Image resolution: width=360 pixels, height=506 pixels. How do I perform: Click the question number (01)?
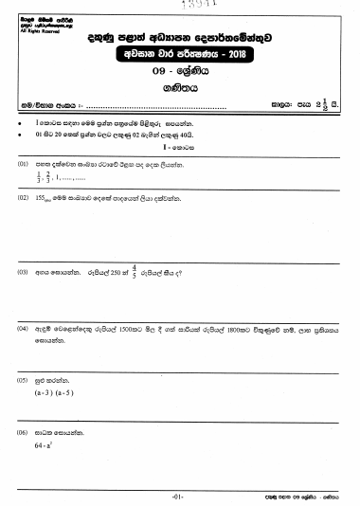click(x=22, y=164)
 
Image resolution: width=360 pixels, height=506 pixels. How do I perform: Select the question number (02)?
click(x=22, y=200)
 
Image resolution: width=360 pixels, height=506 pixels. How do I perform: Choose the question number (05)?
click(x=22, y=378)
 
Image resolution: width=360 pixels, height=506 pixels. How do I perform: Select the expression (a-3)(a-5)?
click(x=54, y=390)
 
